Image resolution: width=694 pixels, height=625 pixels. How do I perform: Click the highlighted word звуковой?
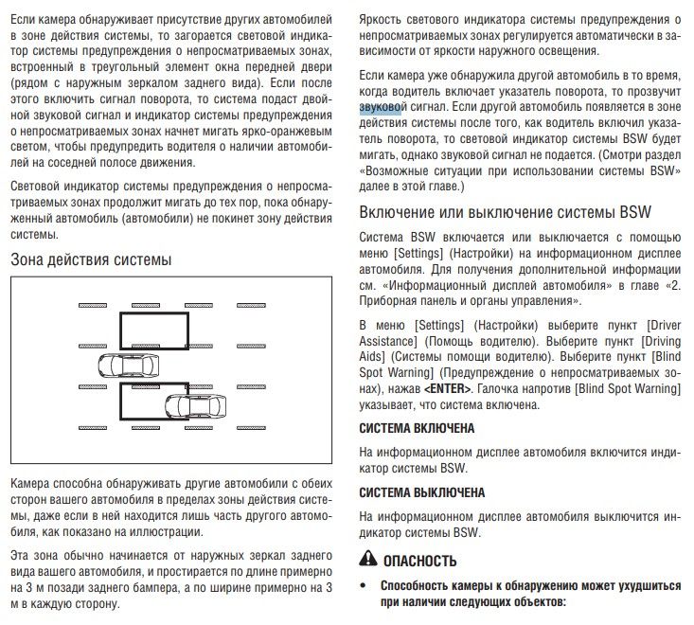[381, 109]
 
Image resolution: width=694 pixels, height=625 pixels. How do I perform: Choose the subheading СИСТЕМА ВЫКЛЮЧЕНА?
[422, 492]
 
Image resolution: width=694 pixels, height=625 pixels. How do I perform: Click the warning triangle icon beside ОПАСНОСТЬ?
[369, 558]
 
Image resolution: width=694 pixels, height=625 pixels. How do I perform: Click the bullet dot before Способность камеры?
[365, 585]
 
